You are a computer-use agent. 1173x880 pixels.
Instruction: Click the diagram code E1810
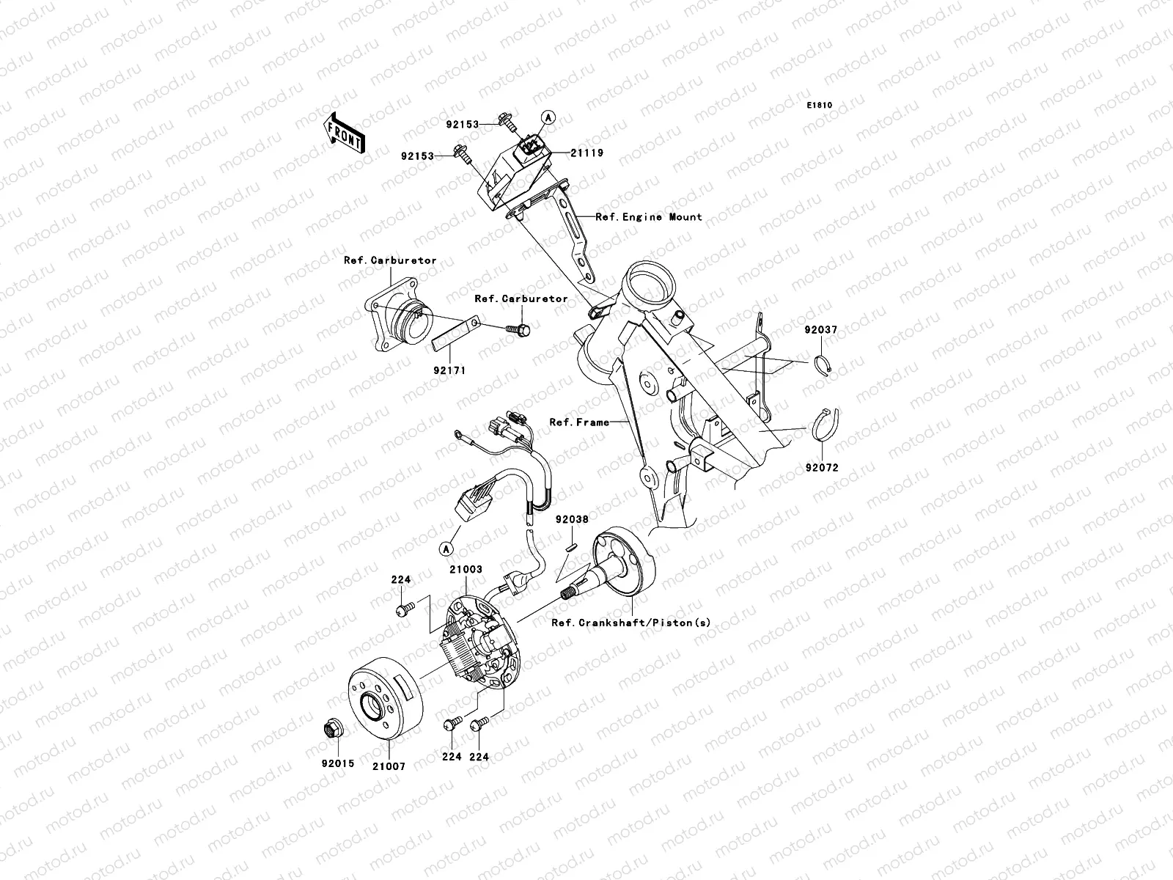click(820, 106)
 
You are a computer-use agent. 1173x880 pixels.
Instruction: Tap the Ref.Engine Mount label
click(649, 217)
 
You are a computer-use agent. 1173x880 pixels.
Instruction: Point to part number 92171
click(449, 370)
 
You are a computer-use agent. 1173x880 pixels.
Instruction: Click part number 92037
click(820, 331)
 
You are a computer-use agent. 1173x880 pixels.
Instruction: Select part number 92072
click(820, 467)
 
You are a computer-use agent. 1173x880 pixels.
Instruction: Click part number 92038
click(571, 519)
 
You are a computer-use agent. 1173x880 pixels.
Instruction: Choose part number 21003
click(466, 569)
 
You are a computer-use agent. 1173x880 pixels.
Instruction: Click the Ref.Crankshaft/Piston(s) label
click(631, 623)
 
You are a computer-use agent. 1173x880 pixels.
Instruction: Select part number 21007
click(389, 766)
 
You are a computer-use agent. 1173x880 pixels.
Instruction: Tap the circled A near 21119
click(546, 117)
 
